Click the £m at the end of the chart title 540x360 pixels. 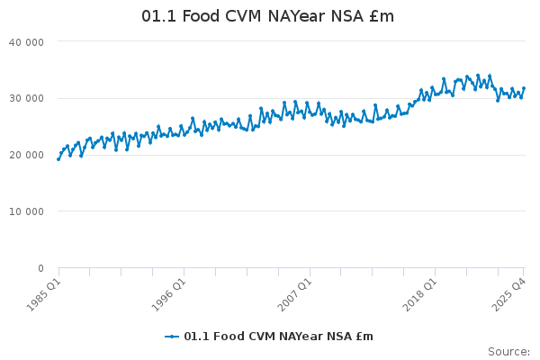381,17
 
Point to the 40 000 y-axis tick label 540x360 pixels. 26,41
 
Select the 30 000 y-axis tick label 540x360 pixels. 26,98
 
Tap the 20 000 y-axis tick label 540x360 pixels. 26,155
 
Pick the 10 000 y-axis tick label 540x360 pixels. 26,211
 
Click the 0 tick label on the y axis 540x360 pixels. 40,268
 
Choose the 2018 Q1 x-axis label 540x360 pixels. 419,293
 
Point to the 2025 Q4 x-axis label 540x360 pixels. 508,293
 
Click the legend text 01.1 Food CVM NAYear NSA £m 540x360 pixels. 278,337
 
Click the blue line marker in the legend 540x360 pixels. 172,337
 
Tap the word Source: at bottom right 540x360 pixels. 508,351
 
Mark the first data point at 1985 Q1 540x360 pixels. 58,159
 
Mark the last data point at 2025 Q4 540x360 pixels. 524,88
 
